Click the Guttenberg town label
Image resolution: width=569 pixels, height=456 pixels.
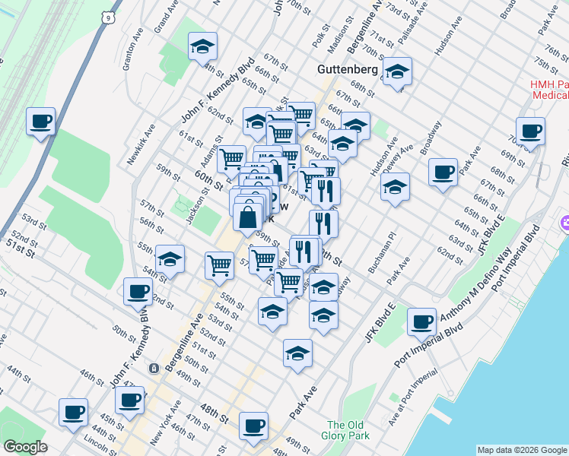pos(347,69)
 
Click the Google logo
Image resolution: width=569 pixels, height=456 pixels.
pos(25,446)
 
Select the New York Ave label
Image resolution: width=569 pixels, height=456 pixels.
pos(165,423)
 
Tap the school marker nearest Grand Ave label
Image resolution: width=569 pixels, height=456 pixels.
pos(202,46)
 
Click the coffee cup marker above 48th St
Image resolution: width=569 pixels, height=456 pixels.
pos(253,426)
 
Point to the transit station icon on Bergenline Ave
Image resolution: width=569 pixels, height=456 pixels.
pos(154,368)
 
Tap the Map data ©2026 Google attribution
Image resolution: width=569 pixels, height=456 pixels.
pos(521,450)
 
